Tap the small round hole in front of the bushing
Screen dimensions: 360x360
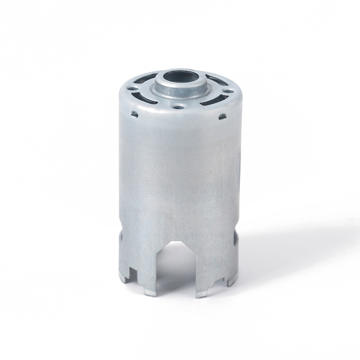(179, 108)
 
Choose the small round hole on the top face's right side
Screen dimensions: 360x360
(229, 91)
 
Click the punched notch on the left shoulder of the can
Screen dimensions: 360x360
(134, 115)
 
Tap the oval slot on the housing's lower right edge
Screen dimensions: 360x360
(235, 238)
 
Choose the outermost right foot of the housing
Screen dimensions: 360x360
(232, 281)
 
